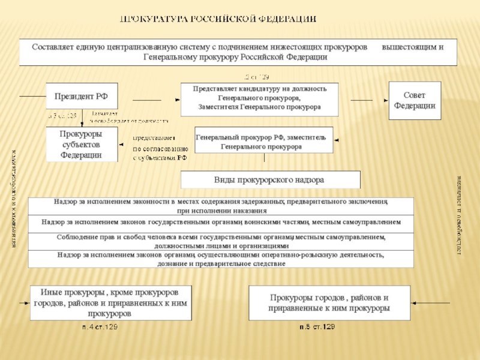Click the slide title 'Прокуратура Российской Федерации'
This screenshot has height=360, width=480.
coord(220,19)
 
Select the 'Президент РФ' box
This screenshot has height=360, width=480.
coord(82,96)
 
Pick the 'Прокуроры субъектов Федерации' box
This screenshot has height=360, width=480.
coord(82,144)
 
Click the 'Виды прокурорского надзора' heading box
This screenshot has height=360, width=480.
coord(270,179)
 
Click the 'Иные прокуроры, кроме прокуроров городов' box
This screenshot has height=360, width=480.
coord(109,302)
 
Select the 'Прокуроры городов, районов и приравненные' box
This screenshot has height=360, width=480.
coord(329,302)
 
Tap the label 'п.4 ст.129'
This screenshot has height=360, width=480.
coord(100,327)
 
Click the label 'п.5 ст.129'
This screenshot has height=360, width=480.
coord(317,327)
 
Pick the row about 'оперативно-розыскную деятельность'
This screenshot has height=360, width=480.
coord(221,259)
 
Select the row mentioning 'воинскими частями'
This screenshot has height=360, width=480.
coord(221,223)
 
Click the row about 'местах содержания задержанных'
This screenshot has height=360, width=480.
coord(221,206)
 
